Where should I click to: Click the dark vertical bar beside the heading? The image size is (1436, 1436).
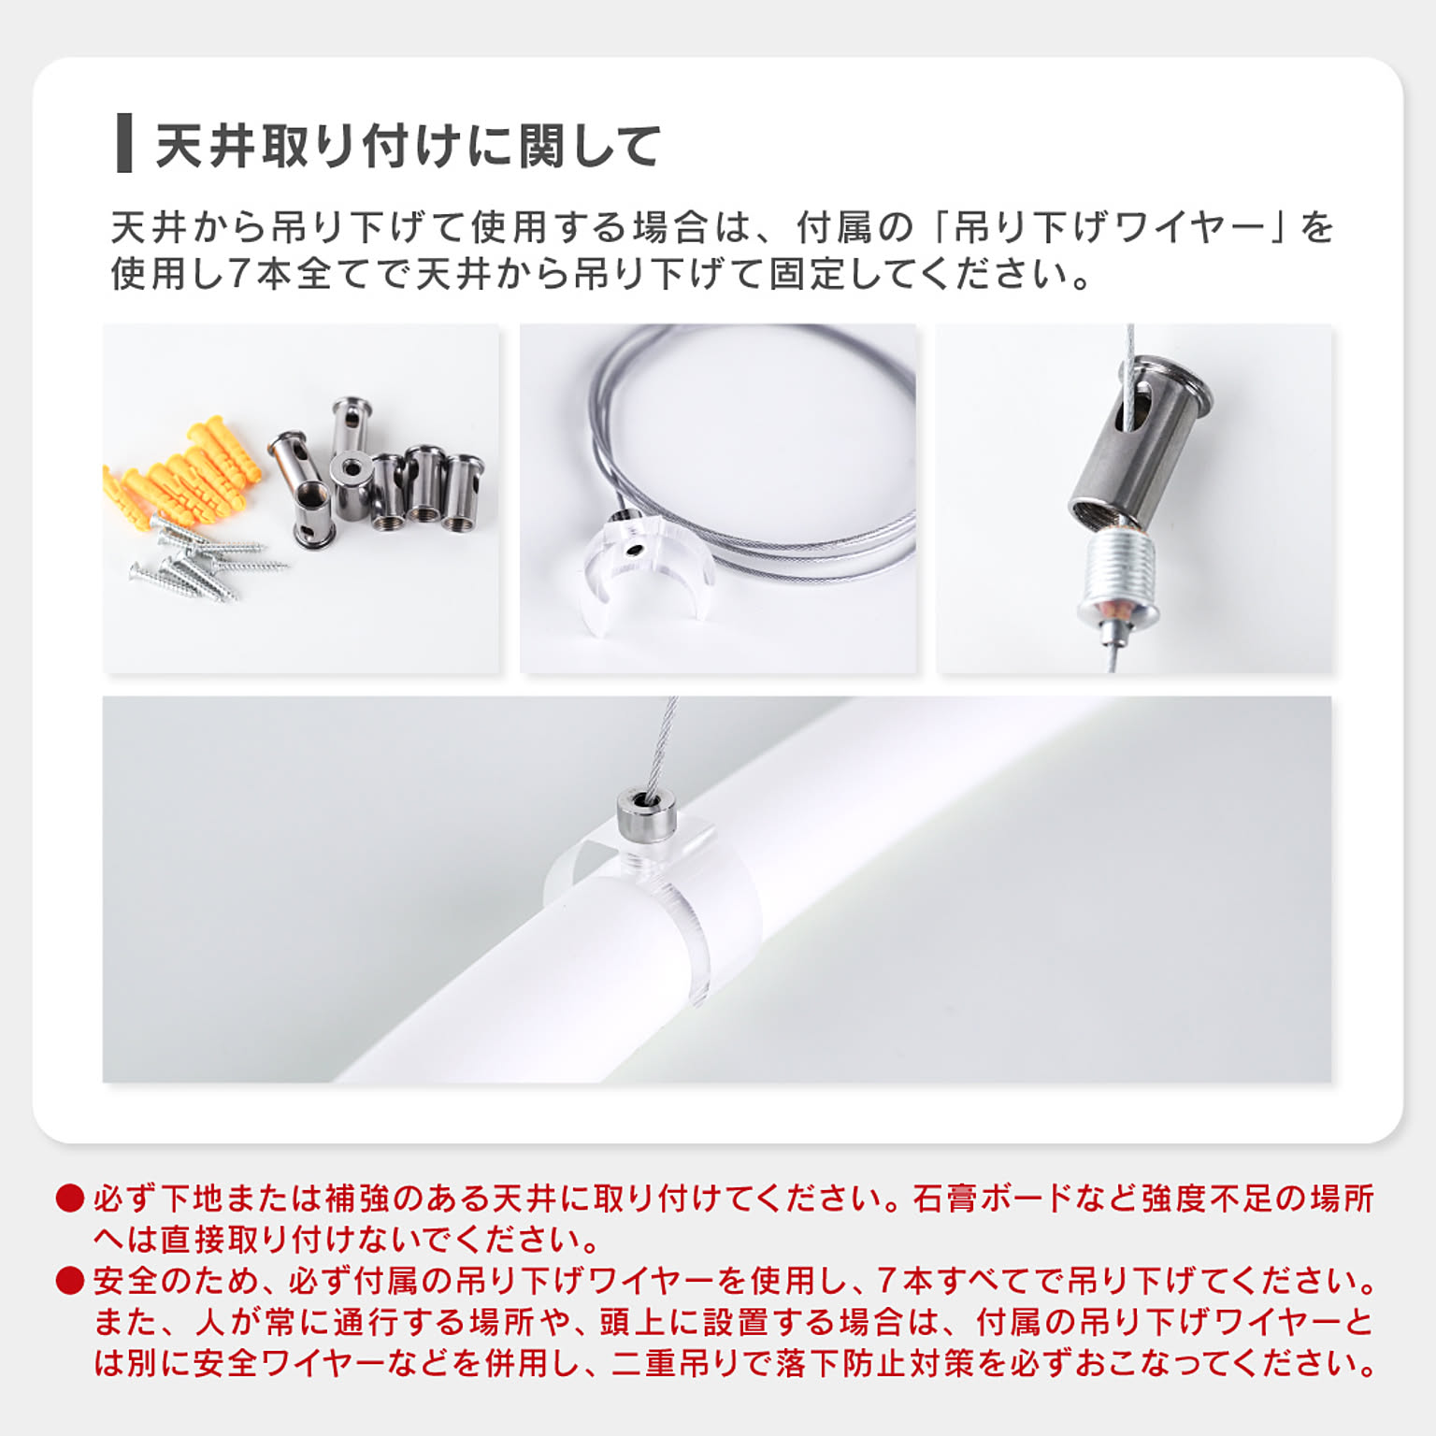tap(123, 143)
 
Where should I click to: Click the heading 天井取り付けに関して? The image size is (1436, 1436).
tap(409, 146)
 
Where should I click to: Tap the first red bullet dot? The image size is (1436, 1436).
tap(70, 1199)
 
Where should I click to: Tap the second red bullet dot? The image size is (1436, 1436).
tap(70, 1281)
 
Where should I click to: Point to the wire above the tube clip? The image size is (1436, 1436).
tap(662, 743)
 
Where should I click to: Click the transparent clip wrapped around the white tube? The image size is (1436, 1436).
tap(645, 912)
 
